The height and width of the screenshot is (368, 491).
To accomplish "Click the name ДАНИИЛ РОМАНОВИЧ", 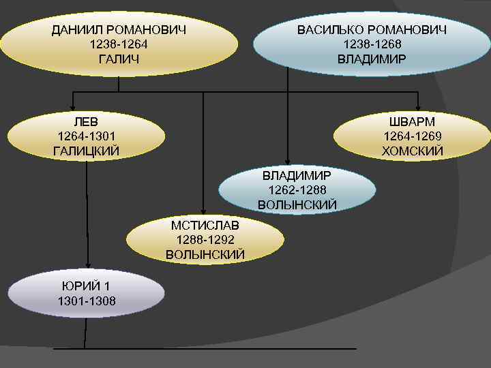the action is (119, 30).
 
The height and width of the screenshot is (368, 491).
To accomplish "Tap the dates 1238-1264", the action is (119, 44).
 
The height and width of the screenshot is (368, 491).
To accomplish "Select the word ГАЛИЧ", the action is (119, 59).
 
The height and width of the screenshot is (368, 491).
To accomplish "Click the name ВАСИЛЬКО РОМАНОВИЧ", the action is (372, 30).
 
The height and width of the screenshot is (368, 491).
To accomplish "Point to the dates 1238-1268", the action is (372, 44).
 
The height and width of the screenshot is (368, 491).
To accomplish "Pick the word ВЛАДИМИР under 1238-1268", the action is (372, 59).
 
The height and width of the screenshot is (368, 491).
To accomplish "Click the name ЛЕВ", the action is (86, 121).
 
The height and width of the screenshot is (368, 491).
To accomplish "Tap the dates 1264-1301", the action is (86, 136).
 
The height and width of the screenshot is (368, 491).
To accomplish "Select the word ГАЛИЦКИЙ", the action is (86, 151).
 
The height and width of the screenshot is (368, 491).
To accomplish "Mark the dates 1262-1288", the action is (297, 189).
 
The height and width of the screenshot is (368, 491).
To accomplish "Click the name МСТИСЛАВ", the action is (205, 225).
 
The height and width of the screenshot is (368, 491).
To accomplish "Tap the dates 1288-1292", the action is (205, 240).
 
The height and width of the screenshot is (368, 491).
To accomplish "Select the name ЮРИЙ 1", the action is (86, 286).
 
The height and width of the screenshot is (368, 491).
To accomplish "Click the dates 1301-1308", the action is (86, 301).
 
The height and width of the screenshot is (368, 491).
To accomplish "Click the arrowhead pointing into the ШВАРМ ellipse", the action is (419, 104).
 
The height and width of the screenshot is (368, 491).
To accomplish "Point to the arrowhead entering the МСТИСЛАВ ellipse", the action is (203, 212).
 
